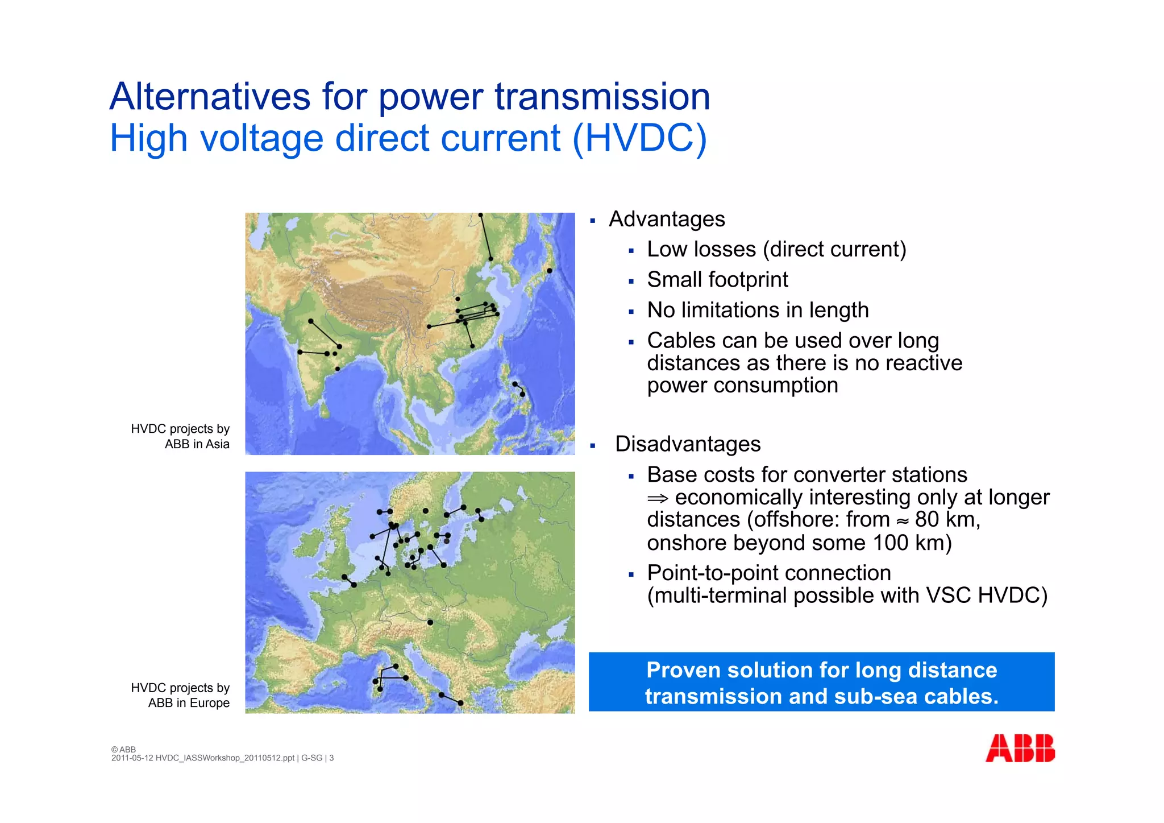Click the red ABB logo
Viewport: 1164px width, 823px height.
[1020, 748]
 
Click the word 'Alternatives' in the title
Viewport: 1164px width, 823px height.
[210, 97]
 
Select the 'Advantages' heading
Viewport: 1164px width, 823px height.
[666, 219]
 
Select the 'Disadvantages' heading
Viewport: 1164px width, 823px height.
[687, 444]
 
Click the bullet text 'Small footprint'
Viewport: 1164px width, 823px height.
[717, 280]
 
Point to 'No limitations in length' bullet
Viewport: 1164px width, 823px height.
[757, 310]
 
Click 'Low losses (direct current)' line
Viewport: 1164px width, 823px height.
[776, 249]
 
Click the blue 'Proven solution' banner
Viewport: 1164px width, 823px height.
[821, 682]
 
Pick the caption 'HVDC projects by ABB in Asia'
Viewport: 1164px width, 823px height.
[180, 436]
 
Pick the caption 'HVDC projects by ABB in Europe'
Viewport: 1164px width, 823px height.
[180, 695]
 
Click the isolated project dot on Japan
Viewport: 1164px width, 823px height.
[549, 271]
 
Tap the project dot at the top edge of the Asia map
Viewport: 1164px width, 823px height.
[480, 215]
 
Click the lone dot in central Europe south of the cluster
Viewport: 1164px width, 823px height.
[430, 622]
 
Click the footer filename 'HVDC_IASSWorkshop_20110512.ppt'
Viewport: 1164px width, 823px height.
[225, 758]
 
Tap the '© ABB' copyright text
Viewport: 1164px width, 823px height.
[123, 750]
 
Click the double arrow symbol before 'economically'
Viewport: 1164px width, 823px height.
[658, 498]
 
